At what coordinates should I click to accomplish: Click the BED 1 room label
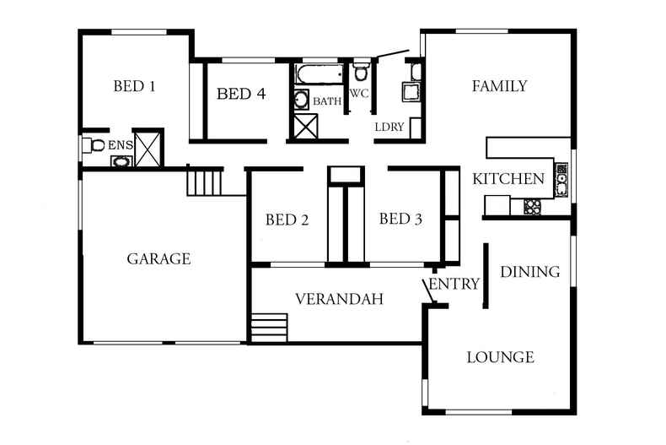[x=134, y=85]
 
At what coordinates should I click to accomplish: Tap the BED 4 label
[x=241, y=94]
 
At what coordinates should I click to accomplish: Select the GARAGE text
[x=158, y=258]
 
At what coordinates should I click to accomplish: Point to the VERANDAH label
[x=339, y=299]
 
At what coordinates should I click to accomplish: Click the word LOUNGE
[x=500, y=357]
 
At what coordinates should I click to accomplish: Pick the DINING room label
[x=530, y=271]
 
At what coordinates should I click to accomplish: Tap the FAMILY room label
[x=499, y=85]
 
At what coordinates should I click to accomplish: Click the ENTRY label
[x=454, y=284]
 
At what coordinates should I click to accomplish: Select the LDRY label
[x=389, y=127]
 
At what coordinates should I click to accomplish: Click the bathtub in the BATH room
[x=319, y=75]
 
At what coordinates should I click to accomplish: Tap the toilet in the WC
[x=361, y=71]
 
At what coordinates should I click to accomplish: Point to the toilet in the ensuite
[x=93, y=145]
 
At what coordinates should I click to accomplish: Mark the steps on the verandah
[x=269, y=327]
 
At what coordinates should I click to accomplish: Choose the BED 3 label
[x=400, y=220]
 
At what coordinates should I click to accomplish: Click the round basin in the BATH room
[x=302, y=100]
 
